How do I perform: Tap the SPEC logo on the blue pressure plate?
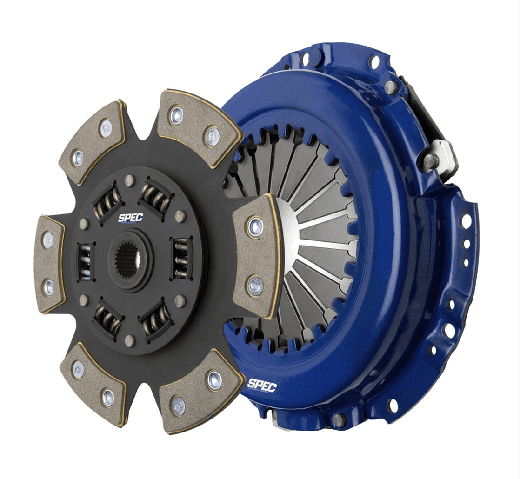click(261, 384)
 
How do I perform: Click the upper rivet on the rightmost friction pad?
click(254, 226)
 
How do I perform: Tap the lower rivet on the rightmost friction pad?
click(255, 286)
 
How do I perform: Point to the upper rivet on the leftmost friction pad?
click(48, 240)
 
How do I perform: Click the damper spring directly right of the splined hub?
click(180, 259)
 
